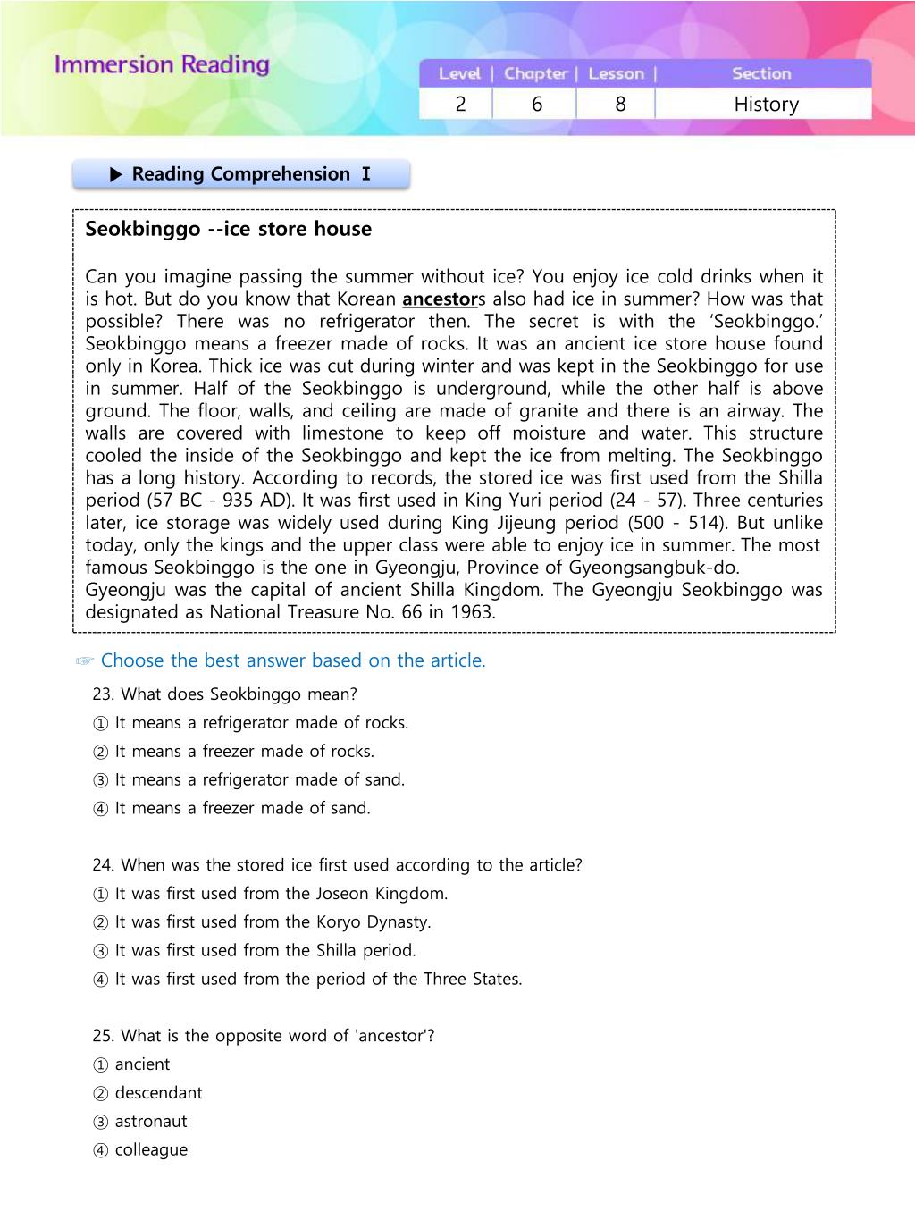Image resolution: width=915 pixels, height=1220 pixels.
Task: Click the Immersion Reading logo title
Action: [162, 65]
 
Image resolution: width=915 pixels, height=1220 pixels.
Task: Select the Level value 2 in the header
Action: [460, 105]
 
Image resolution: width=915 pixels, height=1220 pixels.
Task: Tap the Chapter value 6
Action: [536, 105]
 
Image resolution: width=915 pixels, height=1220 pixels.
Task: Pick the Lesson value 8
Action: [620, 105]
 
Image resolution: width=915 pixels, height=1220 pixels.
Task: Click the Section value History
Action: [766, 105]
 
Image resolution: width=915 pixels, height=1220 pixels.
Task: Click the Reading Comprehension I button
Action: [241, 174]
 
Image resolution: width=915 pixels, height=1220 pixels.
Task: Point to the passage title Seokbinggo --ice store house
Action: [228, 229]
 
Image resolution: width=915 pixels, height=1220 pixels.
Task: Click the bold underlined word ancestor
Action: [440, 299]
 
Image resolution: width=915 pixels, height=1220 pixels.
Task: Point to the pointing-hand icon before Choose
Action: [85, 661]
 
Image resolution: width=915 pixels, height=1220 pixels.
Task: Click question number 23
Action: [104, 694]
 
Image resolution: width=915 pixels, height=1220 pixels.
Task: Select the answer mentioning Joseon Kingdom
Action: [270, 894]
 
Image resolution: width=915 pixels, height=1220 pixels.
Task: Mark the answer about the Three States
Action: [306, 980]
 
